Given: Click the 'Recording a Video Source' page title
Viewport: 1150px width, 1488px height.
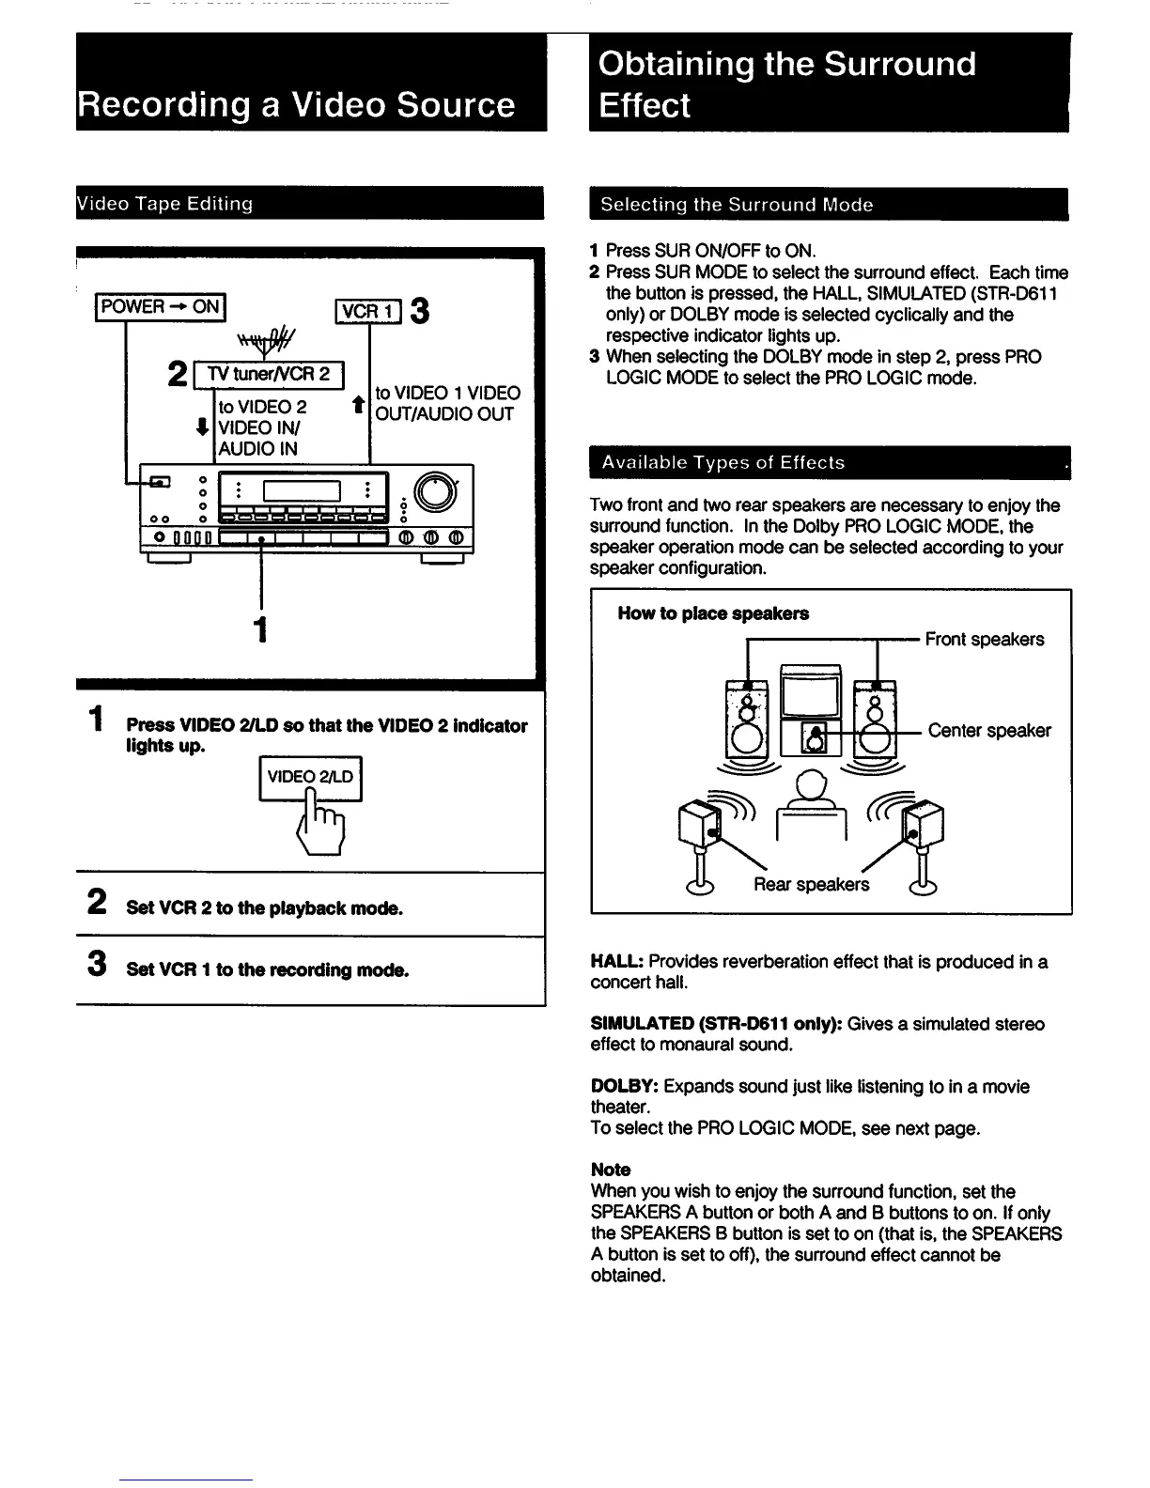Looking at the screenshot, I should click(297, 104).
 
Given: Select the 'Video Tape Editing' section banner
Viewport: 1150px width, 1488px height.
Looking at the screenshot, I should click(165, 204).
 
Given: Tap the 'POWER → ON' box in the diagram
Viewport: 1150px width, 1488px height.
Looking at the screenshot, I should click(161, 307).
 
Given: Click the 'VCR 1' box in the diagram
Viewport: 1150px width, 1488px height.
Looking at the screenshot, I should click(368, 311).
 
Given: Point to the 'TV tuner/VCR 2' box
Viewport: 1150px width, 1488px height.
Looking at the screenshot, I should click(269, 374).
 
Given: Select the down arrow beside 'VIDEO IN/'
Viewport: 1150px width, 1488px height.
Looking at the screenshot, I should click(202, 427).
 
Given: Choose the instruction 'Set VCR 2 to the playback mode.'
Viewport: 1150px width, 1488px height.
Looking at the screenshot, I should click(264, 908).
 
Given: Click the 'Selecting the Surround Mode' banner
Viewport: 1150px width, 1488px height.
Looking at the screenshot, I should click(737, 205).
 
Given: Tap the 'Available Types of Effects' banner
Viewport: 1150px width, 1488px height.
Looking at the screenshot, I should click(723, 462).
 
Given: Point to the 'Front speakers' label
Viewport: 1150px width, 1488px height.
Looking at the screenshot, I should click(984, 640).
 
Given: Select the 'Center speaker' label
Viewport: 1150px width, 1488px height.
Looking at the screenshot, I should click(989, 731).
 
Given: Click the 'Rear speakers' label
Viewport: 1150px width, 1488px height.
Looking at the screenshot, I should click(811, 885).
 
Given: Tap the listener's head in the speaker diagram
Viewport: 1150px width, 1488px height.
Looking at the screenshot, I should click(811, 782).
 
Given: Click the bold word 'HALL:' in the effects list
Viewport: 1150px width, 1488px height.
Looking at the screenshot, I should click(616, 962).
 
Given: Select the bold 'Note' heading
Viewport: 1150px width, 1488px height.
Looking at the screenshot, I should click(611, 1170).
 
